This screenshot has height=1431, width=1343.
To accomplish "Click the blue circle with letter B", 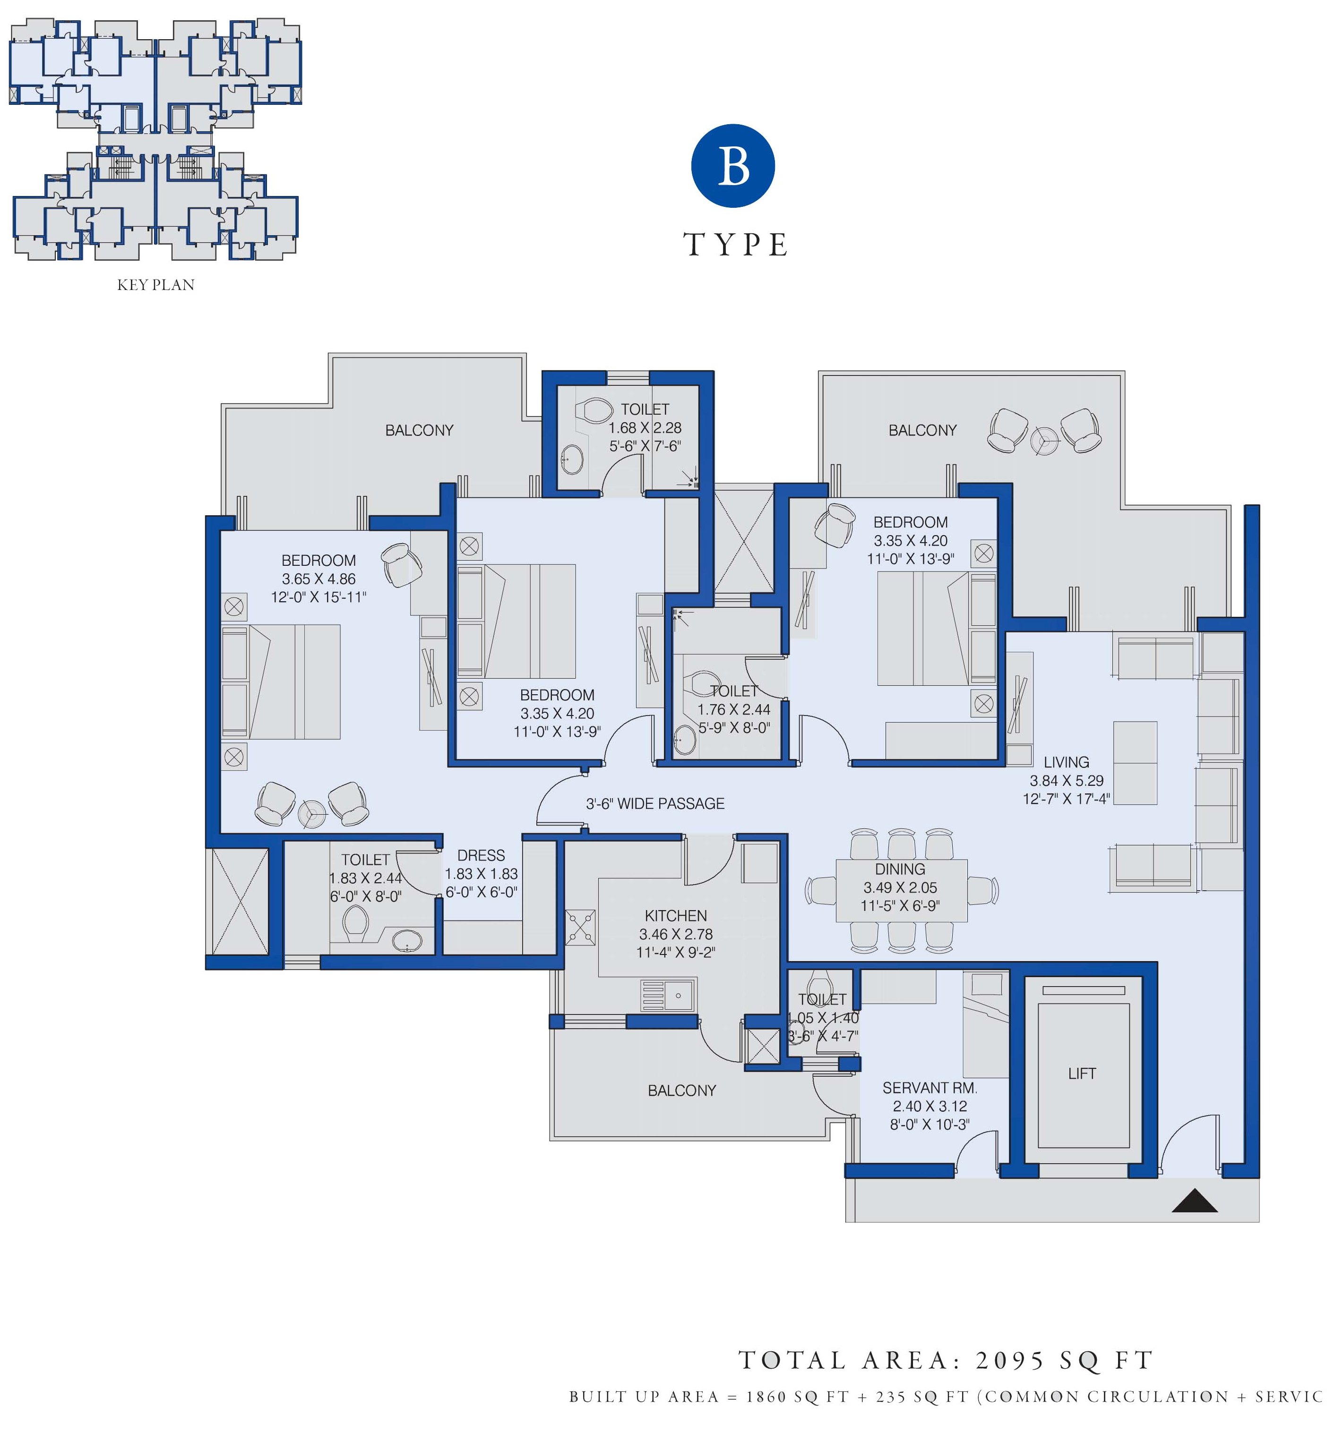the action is click(732, 166).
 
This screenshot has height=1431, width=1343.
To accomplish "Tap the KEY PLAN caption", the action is click(155, 285).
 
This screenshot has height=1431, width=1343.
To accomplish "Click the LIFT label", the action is click(1082, 1073).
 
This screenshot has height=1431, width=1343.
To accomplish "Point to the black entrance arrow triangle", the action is click(1195, 1201).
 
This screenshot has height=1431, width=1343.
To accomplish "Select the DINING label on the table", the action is click(900, 869).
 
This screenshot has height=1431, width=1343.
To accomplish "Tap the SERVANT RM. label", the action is click(930, 1088).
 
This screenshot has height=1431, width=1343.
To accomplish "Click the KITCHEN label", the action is click(675, 916).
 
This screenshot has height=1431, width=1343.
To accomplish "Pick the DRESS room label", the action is click(481, 855).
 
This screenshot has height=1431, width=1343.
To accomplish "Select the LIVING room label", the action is click(1067, 762).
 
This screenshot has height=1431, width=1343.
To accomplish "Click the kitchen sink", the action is click(668, 996).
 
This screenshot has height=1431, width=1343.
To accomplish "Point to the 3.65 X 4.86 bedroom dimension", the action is click(319, 579).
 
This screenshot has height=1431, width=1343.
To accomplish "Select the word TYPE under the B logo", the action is click(735, 245).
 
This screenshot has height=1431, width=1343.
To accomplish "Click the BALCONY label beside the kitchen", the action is click(681, 1090).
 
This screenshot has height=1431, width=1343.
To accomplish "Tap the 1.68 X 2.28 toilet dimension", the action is click(645, 427).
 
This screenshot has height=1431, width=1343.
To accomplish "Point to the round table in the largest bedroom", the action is click(312, 813).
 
